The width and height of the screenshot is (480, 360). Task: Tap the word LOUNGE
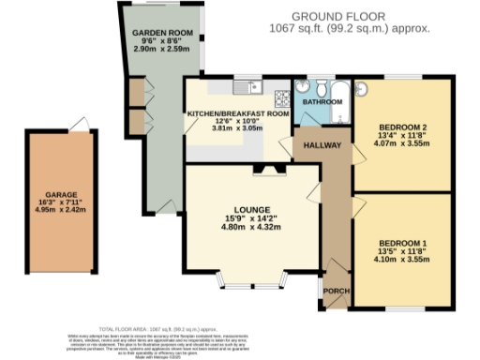(x=252, y=208)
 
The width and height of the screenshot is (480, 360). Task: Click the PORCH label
(x=335, y=292)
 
